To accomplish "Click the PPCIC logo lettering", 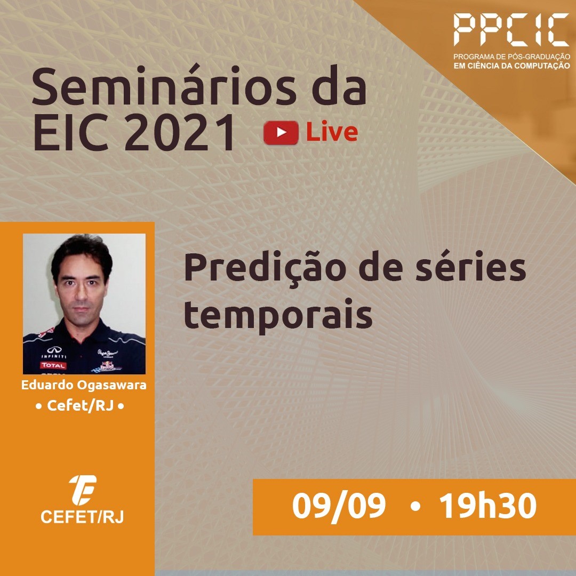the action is [x=511, y=30].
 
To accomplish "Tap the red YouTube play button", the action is [x=281, y=133].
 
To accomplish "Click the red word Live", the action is [x=332, y=132].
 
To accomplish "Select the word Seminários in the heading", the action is [x=164, y=86].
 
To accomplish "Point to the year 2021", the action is [x=180, y=132].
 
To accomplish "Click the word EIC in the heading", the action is [x=71, y=132].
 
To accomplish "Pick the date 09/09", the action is [x=339, y=506].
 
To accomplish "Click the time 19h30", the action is [x=488, y=506].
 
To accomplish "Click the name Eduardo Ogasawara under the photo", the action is [x=84, y=386].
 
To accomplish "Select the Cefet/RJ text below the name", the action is [x=79, y=405].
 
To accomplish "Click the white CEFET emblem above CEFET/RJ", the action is [x=82, y=490].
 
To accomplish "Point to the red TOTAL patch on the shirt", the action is [x=53, y=365].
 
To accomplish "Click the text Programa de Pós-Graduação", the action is [x=511, y=57].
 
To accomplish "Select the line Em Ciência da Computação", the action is [x=511, y=66].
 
